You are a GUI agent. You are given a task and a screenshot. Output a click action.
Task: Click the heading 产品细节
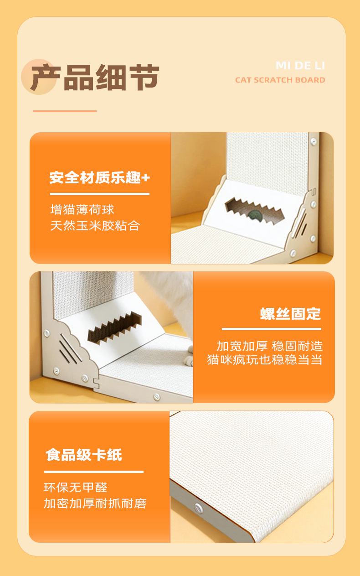[x=95, y=77]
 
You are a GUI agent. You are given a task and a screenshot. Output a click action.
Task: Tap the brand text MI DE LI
[x=300, y=66]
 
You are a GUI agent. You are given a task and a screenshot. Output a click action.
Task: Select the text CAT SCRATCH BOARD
[x=280, y=80]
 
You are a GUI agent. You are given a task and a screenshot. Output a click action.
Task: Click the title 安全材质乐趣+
[x=100, y=178]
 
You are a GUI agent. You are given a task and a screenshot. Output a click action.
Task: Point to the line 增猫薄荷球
[x=82, y=210]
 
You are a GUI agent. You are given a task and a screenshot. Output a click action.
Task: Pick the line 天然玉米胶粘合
[x=95, y=226]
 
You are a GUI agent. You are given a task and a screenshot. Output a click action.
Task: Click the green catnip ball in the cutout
[x=255, y=215]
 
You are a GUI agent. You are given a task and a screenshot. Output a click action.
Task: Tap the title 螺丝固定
[x=291, y=314]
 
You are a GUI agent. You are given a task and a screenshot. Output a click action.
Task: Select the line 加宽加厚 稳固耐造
[x=270, y=346]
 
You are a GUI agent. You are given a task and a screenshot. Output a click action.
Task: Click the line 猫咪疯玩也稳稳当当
[x=265, y=359]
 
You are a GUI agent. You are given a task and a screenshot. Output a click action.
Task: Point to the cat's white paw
[x=189, y=359]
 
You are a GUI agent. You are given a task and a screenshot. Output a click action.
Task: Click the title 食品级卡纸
[x=84, y=455]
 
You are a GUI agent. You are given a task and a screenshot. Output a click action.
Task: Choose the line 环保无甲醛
[x=75, y=487]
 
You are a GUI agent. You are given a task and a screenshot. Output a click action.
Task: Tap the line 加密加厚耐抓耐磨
[x=95, y=503]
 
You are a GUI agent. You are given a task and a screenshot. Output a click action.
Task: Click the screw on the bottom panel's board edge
[x=198, y=508]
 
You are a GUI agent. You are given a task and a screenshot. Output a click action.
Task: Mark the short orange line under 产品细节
[x=65, y=111]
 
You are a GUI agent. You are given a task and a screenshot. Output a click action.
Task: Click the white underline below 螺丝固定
[x=272, y=329]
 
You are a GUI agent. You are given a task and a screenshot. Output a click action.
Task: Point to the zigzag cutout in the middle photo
[x=114, y=327]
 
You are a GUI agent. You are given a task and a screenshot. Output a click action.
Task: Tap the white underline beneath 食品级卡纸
[x=94, y=472]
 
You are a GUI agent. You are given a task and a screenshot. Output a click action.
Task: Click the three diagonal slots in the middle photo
[x=69, y=348]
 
